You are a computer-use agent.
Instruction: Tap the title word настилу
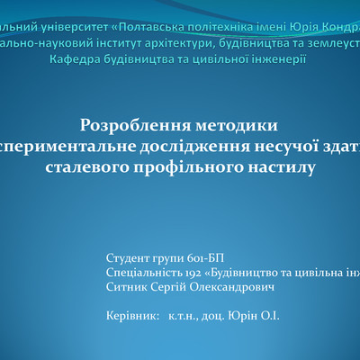pyautogui.click(x=283, y=166)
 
